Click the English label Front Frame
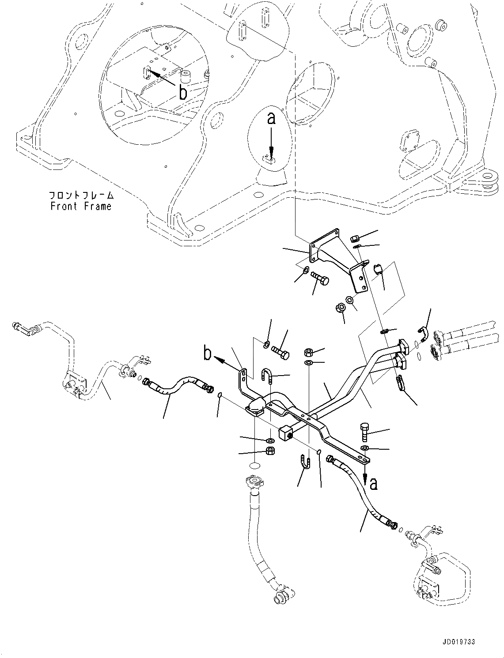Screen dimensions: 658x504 pos(81,206)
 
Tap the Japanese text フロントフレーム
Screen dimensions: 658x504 pos(81,195)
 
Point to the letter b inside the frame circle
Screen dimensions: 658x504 pos(182,92)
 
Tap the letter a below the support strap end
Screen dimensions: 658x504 pos(373,484)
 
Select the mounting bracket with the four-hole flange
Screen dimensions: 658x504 pos(336,258)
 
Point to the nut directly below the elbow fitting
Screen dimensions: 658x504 pos(269,451)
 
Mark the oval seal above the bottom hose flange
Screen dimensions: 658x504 pos(253,466)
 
